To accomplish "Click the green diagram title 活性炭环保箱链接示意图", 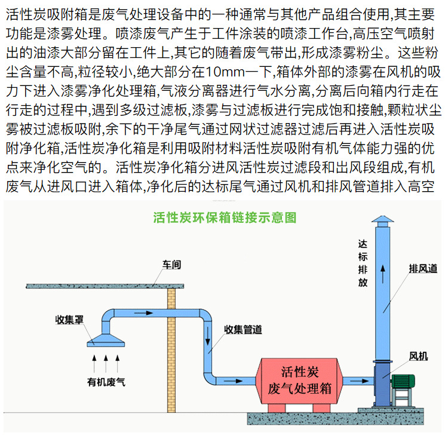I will [x=224, y=217].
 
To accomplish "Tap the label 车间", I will [x=171, y=265].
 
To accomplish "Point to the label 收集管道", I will [x=243, y=329].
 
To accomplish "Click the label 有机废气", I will [x=106, y=380].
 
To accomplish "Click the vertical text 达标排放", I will [x=363, y=263].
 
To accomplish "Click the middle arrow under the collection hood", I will [x=106, y=360].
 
